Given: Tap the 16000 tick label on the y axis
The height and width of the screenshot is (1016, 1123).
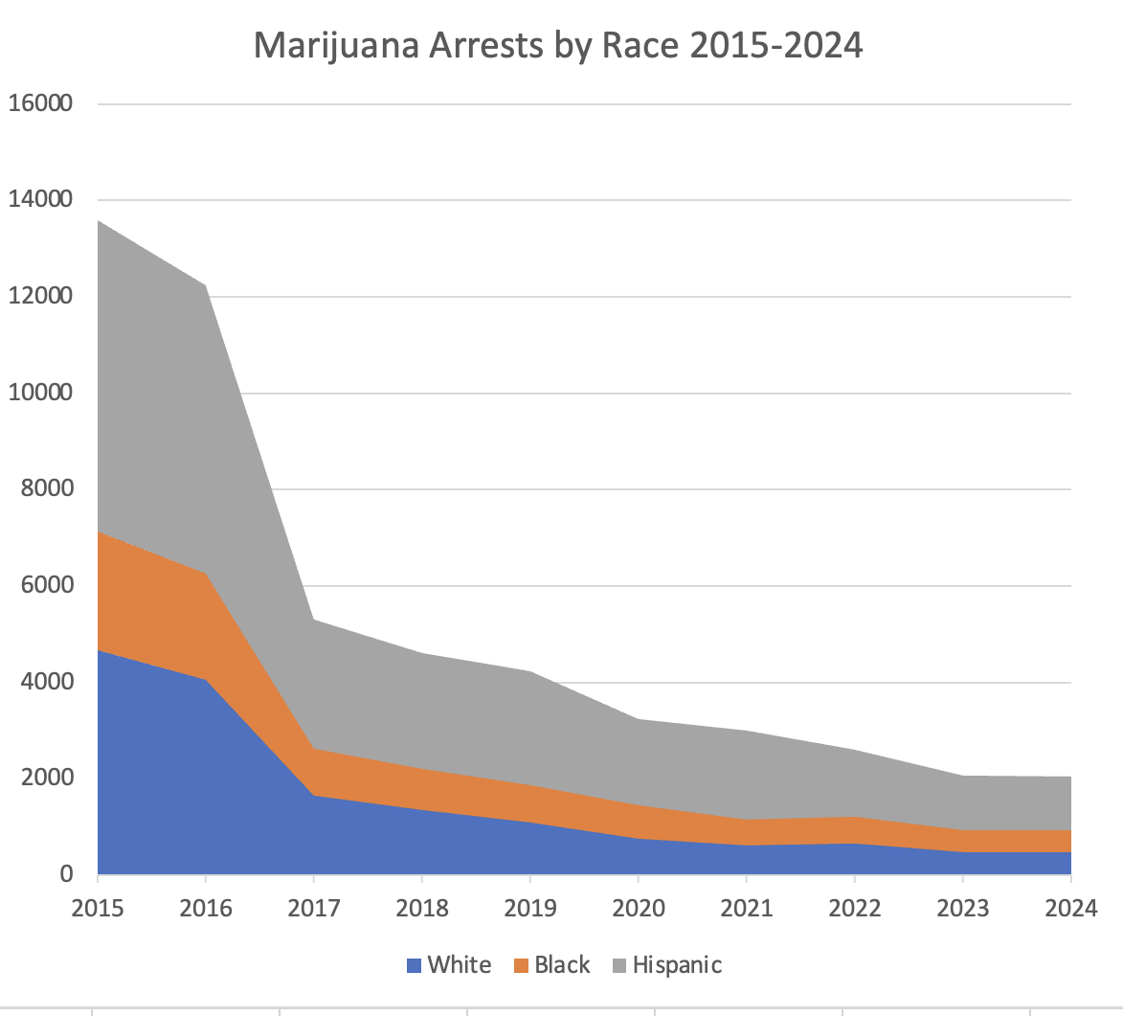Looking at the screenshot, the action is pyautogui.click(x=40, y=103).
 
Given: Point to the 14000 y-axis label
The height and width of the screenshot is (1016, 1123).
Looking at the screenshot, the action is pyautogui.click(x=40, y=199).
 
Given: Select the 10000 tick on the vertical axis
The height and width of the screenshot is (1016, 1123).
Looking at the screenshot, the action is pyautogui.click(x=40, y=392).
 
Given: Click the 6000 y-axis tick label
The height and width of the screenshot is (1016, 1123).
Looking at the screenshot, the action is pyautogui.click(x=47, y=585).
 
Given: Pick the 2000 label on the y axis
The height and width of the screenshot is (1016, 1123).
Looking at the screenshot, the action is pyautogui.click(x=47, y=778).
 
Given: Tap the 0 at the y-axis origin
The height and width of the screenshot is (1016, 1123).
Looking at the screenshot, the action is pyautogui.click(x=66, y=874).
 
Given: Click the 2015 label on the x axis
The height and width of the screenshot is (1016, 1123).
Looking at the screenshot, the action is pyautogui.click(x=98, y=909).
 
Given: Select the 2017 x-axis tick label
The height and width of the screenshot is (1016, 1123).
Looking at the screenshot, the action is pyautogui.click(x=314, y=909).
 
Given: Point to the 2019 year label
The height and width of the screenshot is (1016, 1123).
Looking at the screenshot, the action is pyautogui.click(x=530, y=909).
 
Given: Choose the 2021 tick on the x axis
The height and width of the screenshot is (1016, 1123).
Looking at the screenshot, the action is pyautogui.click(x=747, y=909).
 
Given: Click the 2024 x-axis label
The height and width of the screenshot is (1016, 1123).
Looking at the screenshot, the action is pyautogui.click(x=1070, y=909).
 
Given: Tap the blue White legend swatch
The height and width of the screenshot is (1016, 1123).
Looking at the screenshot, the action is pyautogui.click(x=414, y=965).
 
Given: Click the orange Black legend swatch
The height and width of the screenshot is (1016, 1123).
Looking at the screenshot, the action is pyautogui.click(x=521, y=965).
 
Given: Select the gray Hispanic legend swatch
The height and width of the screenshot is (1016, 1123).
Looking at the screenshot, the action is pyautogui.click(x=619, y=965).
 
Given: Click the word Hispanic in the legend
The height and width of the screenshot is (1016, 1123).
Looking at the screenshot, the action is pyautogui.click(x=677, y=965).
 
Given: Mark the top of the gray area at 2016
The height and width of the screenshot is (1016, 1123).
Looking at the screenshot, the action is pyautogui.click(x=206, y=285).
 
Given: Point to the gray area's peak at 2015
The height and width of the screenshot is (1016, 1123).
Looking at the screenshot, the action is pyautogui.click(x=98, y=220).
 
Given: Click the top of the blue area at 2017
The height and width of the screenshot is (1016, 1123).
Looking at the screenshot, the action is pyautogui.click(x=314, y=796).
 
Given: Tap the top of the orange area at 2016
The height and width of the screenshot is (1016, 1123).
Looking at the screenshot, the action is pyautogui.click(x=206, y=574).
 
